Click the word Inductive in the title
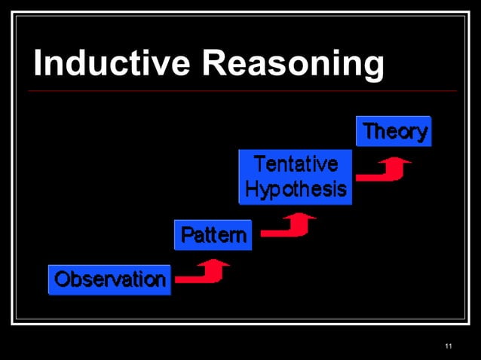[x=113, y=64]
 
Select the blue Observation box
[x=109, y=279]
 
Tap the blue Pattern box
[x=213, y=236]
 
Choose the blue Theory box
[x=394, y=132]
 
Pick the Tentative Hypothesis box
[x=296, y=176]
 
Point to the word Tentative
[x=296, y=164]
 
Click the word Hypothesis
[x=296, y=189]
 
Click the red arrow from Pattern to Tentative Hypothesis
[x=288, y=225]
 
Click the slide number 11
[x=449, y=346]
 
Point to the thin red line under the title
[x=241, y=91]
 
